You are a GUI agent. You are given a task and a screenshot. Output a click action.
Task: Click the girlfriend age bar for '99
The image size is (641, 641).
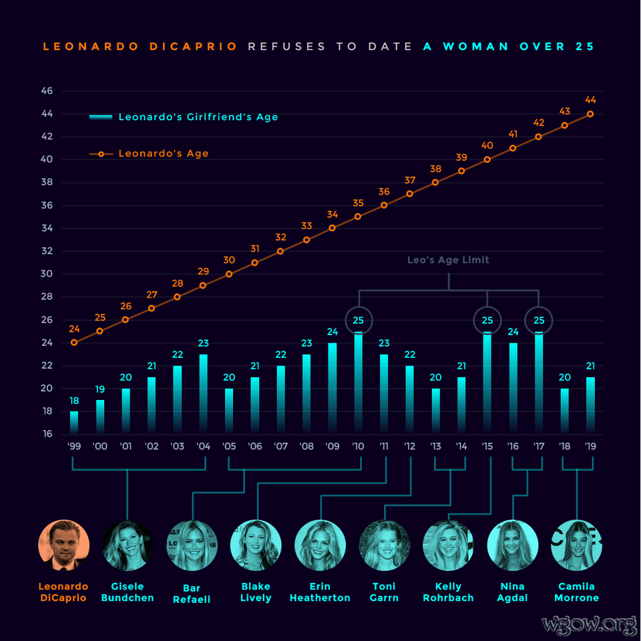click(74, 423)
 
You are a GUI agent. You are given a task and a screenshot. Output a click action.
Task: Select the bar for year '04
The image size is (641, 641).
click(204, 394)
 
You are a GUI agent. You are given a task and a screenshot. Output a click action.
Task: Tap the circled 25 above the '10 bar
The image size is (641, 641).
click(359, 320)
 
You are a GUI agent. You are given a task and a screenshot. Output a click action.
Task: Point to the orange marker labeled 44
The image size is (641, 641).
click(590, 114)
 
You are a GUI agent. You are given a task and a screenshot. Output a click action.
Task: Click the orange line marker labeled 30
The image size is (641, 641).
click(229, 274)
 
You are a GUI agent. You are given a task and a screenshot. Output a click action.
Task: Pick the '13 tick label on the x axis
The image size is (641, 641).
click(436, 446)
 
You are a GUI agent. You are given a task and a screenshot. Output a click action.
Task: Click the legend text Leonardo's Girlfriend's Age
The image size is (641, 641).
click(198, 117)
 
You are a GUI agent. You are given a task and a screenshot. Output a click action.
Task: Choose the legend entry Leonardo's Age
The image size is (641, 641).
click(163, 154)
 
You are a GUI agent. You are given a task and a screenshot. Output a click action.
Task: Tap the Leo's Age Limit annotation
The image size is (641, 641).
click(448, 260)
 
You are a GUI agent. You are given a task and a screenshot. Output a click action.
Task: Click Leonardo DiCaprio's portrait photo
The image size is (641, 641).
click(63, 546)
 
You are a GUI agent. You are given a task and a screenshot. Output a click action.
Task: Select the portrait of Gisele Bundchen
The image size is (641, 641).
click(128, 546)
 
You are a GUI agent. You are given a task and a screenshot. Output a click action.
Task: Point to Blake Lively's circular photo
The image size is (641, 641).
click(256, 546)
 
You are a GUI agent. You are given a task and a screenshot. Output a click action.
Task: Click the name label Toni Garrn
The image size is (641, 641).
click(384, 592)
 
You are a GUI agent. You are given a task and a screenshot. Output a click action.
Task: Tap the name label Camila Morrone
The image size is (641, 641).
click(576, 592)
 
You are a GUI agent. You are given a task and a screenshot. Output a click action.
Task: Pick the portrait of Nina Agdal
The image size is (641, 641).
click(512, 546)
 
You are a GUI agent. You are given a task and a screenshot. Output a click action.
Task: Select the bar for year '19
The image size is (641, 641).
click(590, 405)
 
